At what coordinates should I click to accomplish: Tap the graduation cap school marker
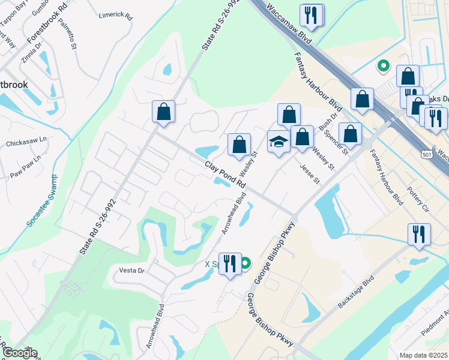point(278,142)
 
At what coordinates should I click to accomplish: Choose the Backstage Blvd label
point(355,292)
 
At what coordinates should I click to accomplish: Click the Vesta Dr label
point(132,271)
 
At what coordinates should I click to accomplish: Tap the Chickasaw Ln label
point(26,144)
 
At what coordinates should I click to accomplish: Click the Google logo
point(19,353)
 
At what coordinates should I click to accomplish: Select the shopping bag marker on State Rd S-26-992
point(163,112)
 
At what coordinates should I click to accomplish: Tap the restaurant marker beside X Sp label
point(229,264)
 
